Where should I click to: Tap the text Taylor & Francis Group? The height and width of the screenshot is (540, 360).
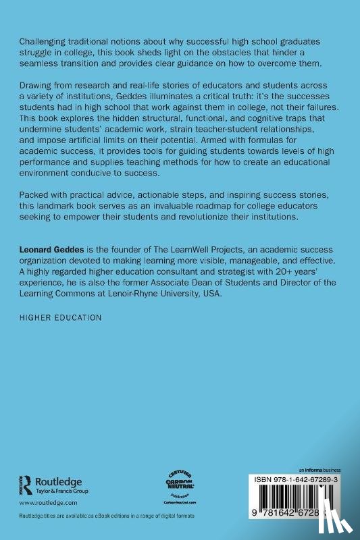[x=62, y=491]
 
